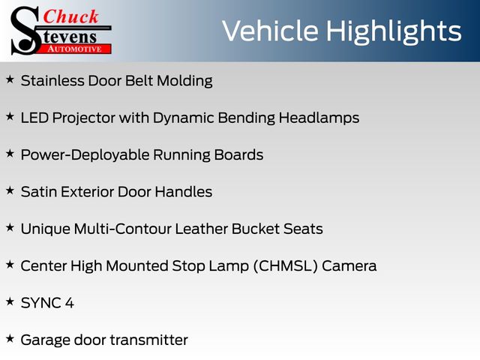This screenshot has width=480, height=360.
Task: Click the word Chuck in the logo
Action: (70, 16)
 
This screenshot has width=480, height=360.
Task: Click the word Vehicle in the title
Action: (270, 31)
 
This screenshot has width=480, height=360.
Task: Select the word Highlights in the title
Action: (393, 31)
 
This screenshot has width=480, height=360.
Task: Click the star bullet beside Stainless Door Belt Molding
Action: (10, 79)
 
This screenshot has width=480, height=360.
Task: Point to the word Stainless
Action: (52, 81)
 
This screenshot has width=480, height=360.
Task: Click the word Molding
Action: (184, 82)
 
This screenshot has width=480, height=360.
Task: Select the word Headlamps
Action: (319, 118)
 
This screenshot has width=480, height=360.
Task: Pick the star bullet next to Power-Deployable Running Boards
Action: (10, 153)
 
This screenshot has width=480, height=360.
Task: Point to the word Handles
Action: (183, 192)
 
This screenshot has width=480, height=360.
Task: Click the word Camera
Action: (349, 266)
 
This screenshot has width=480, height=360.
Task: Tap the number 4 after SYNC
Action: (70, 303)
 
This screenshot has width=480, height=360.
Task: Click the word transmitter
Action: (149, 340)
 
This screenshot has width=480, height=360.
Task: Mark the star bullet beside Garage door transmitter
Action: (10, 338)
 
